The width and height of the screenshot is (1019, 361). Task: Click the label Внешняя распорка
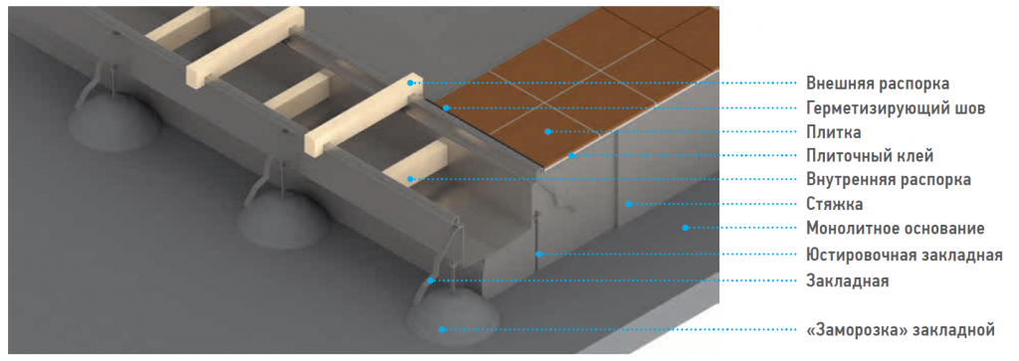[878, 84]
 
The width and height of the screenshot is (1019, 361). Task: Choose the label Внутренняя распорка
[889, 180]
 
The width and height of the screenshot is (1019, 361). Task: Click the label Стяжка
[835, 204]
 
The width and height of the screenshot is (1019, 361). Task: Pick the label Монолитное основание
[896, 229]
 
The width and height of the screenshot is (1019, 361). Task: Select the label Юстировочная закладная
[905, 255]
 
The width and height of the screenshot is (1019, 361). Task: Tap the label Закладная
[848, 281]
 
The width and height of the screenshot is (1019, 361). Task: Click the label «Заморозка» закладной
[900, 330]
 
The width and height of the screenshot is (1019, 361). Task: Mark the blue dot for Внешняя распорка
[410, 84]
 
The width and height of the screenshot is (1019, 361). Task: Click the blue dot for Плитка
[548, 131]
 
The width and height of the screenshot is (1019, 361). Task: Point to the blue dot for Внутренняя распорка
[409, 179]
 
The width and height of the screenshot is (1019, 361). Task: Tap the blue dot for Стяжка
[629, 204]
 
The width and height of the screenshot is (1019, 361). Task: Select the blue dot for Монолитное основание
[685, 228]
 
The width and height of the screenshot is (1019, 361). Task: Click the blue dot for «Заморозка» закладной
[441, 329]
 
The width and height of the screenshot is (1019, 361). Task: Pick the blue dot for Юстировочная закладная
[538, 254]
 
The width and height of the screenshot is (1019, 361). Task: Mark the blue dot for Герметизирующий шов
[446, 107]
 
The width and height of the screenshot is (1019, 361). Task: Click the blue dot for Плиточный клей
[571, 155]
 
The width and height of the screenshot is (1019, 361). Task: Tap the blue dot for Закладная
[431, 281]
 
